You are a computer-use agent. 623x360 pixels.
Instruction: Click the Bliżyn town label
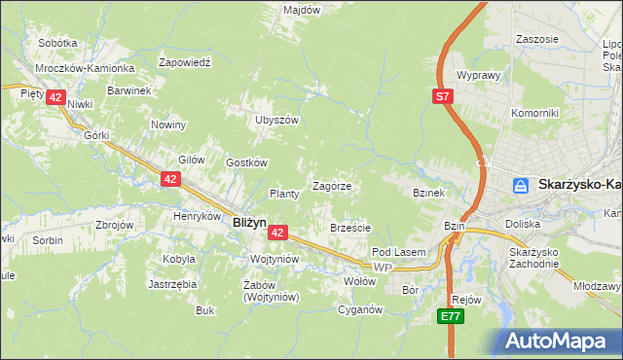pos(249,222)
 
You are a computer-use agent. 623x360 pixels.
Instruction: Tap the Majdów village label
pos(302,10)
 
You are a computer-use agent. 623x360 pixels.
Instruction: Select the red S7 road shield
pos(443,95)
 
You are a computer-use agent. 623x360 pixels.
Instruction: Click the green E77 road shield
pos(449,316)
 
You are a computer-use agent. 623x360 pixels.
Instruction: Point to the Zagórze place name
pos(331,185)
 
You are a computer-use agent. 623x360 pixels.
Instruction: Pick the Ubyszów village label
pos(275,120)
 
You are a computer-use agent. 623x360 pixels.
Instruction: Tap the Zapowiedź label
pos(185,60)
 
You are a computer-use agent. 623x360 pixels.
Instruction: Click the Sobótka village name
pos(57,43)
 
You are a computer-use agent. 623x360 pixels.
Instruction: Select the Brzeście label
pos(350,228)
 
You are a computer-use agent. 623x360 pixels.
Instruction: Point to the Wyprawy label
pos(478,75)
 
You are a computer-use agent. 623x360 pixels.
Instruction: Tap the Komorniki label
pos(534,113)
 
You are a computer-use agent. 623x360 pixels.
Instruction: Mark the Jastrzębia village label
pos(171,284)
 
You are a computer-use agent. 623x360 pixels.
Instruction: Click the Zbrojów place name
pos(114,224)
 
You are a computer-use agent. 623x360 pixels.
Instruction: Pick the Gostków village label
pos(246,162)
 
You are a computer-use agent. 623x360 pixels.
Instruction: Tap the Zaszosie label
pos(538,39)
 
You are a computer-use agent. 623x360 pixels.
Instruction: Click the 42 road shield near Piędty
pos(55,97)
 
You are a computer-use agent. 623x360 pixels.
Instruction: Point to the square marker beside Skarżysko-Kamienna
pos(523,184)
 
